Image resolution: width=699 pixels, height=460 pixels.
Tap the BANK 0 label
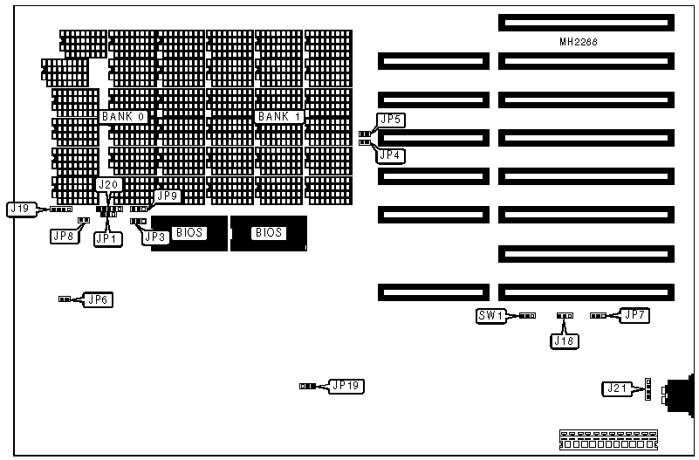click(122, 116)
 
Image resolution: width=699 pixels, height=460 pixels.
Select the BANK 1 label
click(278, 116)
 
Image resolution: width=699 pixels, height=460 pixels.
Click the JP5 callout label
click(390, 120)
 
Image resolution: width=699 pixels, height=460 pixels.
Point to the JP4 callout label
click(390, 154)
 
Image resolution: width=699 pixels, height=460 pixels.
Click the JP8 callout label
click(63, 235)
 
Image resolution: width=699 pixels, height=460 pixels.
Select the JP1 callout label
click(107, 237)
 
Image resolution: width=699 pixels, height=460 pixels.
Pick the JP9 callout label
click(166, 196)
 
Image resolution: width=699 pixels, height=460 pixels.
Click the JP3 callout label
click(155, 237)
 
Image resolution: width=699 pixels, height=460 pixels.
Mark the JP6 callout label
click(99, 299)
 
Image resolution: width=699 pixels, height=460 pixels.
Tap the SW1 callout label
click(490, 316)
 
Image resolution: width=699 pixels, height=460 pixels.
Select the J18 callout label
click(564, 340)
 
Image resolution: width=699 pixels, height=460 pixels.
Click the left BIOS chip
click(188, 233)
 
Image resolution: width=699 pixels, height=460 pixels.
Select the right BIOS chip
click(268, 233)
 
